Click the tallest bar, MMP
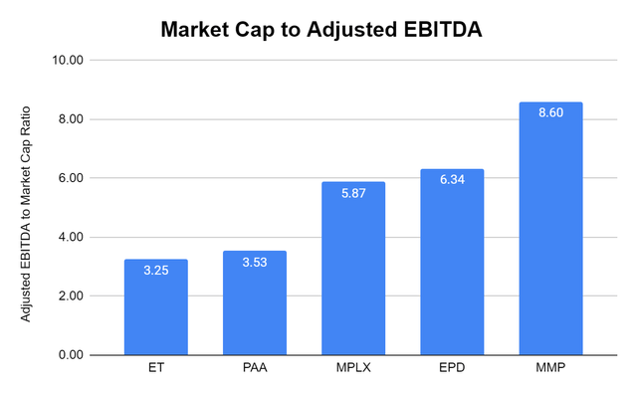[550, 234]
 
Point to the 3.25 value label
[155, 271]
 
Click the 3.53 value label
[254, 263]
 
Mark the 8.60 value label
[550, 113]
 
